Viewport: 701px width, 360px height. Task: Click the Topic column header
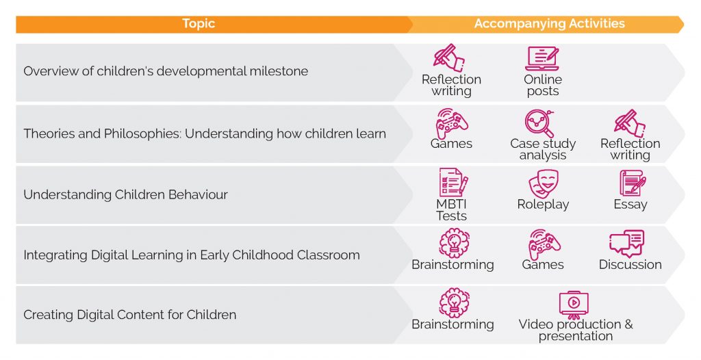click(199, 24)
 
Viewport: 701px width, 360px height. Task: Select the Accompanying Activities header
click(549, 24)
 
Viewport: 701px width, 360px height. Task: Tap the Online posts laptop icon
click(542, 59)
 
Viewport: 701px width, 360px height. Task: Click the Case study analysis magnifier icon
click(539, 123)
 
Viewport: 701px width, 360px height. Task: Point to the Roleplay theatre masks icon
click(543, 184)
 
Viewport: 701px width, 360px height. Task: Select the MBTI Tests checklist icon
click(452, 183)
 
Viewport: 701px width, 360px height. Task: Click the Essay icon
click(631, 183)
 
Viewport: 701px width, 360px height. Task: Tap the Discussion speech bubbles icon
click(626, 244)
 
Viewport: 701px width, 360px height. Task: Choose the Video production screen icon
click(574, 303)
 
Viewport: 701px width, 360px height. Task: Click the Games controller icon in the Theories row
click(452, 123)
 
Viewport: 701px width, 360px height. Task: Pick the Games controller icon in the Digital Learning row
click(544, 244)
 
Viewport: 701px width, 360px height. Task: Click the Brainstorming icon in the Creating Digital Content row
click(453, 303)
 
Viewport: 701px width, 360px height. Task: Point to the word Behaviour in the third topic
click(194, 194)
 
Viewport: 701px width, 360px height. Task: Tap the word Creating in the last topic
click(47, 316)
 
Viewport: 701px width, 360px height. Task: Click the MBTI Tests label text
click(451, 210)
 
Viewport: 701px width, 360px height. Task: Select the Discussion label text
click(630, 265)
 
